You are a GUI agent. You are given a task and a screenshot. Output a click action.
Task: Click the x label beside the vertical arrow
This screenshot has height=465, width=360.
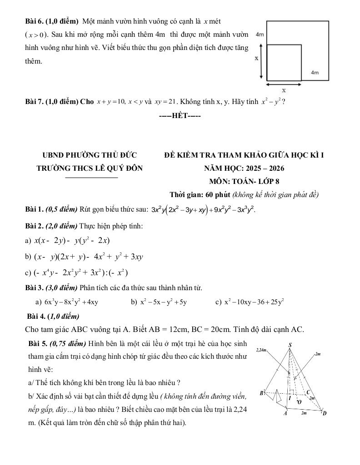256,59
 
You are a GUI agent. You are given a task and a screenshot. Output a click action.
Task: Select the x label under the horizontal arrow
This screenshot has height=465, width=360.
284,90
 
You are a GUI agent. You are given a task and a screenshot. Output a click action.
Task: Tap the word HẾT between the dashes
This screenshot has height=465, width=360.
180,115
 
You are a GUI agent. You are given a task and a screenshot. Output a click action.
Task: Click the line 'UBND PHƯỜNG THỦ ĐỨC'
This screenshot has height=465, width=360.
90,155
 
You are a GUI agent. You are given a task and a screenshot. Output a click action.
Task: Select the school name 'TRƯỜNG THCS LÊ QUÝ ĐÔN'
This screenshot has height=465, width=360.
90,168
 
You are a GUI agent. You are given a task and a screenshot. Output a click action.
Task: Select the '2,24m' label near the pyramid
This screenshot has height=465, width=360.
263,350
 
